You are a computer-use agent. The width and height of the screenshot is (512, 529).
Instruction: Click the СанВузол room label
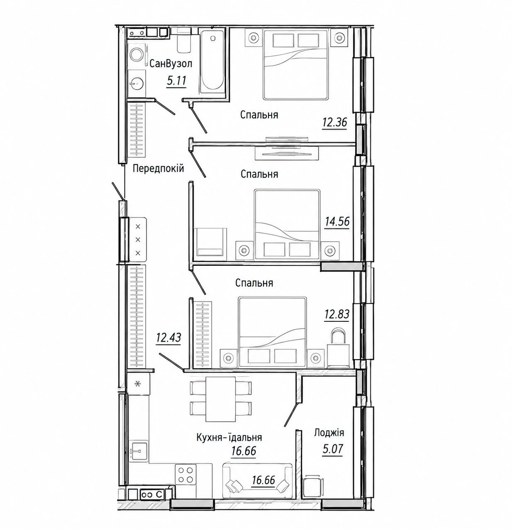click(171, 64)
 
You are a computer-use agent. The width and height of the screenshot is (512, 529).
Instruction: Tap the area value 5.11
click(177, 81)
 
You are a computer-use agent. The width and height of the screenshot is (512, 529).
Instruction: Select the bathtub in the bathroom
click(212, 62)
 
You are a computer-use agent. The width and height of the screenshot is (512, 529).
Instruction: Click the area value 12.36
click(335, 122)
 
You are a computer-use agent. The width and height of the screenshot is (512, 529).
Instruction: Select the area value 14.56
click(337, 222)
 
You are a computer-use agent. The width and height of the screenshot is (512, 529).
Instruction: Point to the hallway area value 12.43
click(168, 338)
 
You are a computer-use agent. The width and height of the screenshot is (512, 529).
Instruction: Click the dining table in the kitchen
click(220, 399)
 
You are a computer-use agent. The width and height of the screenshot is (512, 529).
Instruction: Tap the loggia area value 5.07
click(332, 449)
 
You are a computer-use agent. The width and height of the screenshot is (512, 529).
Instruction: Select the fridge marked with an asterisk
click(139, 384)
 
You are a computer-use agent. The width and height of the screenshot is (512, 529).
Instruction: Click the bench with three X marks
click(138, 240)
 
